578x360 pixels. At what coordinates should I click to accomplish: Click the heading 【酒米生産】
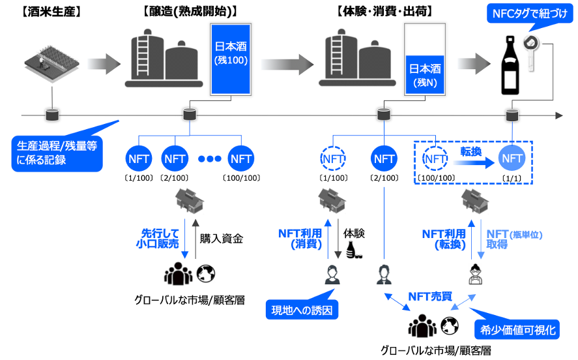click(x=51, y=12)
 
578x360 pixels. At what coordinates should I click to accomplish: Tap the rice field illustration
click(x=52, y=63)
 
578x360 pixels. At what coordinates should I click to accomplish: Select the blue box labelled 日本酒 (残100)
click(x=231, y=59)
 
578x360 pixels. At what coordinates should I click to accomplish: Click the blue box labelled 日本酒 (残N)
click(x=425, y=75)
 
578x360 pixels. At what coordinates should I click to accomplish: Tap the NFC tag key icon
click(x=531, y=52)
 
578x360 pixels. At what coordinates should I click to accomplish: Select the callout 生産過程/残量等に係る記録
click(x=57, y=153)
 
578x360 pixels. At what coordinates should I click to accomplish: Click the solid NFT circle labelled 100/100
click(x=241, y=159)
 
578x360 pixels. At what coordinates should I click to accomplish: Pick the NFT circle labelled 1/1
click(x=512, y=158)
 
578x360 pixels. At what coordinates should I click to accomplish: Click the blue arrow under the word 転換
click(x=474, y=162)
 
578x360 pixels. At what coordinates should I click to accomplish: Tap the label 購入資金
click(x=221, y=239)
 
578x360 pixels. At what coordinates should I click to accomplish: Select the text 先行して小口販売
click(x=158, y=238)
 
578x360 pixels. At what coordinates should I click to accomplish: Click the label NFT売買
click(x=430, y=296)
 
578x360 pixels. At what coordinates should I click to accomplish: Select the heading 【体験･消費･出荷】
click(x=384, y=12)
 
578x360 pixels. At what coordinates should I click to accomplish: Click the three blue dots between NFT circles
click(x=210, y=158)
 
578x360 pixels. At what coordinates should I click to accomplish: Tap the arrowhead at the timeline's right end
click(x=559, y=115)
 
